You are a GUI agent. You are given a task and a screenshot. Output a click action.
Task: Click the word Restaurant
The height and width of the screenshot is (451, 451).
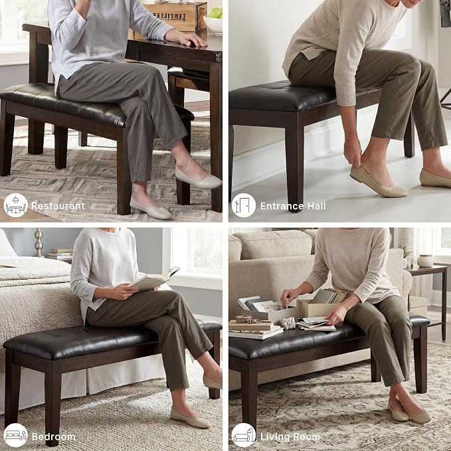tap(58, 206)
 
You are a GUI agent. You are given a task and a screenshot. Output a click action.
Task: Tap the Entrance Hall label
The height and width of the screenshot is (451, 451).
tap(293, 206)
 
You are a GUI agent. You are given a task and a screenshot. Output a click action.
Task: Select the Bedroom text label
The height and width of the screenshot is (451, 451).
tap(54, 437)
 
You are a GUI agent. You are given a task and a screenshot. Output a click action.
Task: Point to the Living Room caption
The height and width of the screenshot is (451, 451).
tap(290, 437)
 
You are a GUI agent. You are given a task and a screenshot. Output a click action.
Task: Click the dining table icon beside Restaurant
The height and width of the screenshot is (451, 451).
tap(15, 205)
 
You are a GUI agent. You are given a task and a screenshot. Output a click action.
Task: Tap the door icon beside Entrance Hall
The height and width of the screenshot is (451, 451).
tap(243, 205)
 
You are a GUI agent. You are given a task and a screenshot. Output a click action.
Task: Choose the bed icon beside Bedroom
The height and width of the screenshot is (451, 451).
tap(15, 435)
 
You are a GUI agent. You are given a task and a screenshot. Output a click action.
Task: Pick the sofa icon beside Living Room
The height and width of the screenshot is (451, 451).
tap(243, 435)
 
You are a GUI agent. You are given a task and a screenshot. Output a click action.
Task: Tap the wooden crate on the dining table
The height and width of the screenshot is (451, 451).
tap(175, 17)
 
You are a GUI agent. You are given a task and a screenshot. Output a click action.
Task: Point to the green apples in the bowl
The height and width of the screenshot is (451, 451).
tap(215, 13)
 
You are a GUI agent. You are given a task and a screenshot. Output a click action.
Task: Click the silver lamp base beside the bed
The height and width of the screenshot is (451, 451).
tap(39, 242)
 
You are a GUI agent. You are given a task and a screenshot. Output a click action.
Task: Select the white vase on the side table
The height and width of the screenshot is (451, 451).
tap(425, 261)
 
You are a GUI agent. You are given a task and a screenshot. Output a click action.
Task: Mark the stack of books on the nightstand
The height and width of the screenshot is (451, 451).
tap(60, 254)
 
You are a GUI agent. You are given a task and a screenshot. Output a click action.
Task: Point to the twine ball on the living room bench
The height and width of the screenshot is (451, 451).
tap(244, 319)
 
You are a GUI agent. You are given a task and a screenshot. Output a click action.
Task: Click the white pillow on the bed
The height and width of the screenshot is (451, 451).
tap(7, 244)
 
